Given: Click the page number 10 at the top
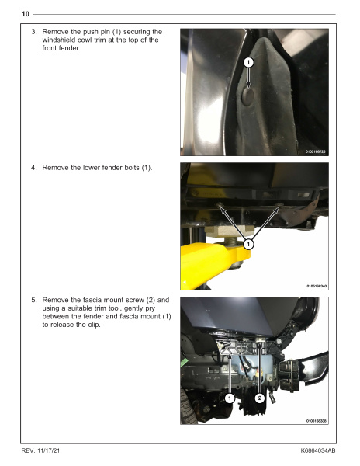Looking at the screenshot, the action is (26, 14).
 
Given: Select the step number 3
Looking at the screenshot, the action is (34, 32).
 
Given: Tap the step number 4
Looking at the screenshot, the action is (34, 168).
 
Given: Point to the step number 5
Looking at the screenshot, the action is (34, 300).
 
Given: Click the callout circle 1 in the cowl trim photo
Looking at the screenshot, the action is (248, 62).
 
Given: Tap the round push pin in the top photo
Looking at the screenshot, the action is (247, 96).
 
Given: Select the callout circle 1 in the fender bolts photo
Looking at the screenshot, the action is (248, 245).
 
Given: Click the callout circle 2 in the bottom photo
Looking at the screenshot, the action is (260, 398).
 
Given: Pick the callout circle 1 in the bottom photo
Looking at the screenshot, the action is (230, 398).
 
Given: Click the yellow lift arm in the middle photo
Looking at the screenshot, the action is (211, 262).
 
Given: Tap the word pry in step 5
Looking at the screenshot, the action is (151, 308).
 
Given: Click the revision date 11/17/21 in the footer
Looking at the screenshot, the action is (49, 450).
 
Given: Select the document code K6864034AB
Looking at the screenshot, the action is (318, 450).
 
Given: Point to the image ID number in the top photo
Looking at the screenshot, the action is (316, 151).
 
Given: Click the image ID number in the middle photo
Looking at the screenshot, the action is (317, 286).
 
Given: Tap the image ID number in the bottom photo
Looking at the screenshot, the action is (317, 420).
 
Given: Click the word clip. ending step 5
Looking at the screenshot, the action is (95, 325).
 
